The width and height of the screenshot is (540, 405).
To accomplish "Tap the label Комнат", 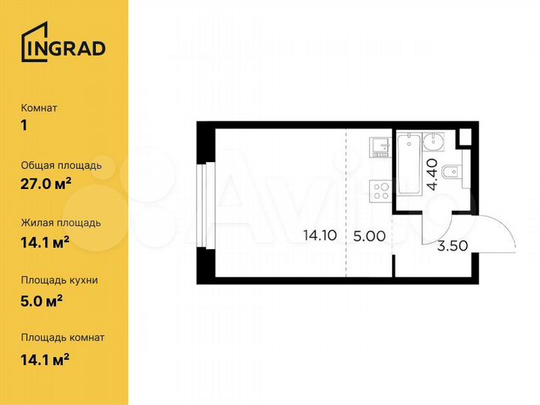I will tap(39, 108).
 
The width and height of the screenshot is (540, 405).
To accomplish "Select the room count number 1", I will tap(25, 125).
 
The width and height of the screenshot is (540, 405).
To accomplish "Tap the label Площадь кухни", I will tap(60, 280).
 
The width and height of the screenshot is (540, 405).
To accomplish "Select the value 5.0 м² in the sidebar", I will tap(42, 298).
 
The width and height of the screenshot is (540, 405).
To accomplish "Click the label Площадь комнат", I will tap(63, 337).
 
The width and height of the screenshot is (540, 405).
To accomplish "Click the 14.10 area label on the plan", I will tap(319, 235).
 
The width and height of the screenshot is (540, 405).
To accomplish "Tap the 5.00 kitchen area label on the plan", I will tap(369, 235).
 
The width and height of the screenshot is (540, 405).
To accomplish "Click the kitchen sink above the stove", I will tap(379, 145).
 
